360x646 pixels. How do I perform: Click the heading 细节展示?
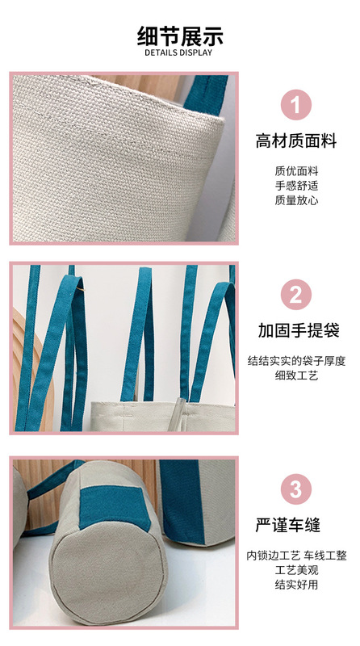click(180, 36)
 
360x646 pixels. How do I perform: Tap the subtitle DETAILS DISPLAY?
click(178, 52)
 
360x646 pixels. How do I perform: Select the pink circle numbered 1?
click(296, 105)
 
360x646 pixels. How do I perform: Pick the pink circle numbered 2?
click(296, 294)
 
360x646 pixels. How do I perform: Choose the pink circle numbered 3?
click(296, 489)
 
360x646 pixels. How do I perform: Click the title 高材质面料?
click(296, 141)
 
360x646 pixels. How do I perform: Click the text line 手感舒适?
click(296, 186)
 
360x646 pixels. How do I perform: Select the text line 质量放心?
click(296, 200)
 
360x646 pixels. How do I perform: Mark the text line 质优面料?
click(296, 171)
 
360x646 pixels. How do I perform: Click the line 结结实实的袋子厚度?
click(296, 361)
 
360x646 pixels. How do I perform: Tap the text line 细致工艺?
click(296, 375)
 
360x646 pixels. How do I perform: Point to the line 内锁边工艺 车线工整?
click(296, 556)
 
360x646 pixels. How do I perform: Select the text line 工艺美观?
click(296, 570)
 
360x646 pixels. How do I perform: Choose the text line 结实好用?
click(296, 585)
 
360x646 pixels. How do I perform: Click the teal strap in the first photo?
click(207, 94)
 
